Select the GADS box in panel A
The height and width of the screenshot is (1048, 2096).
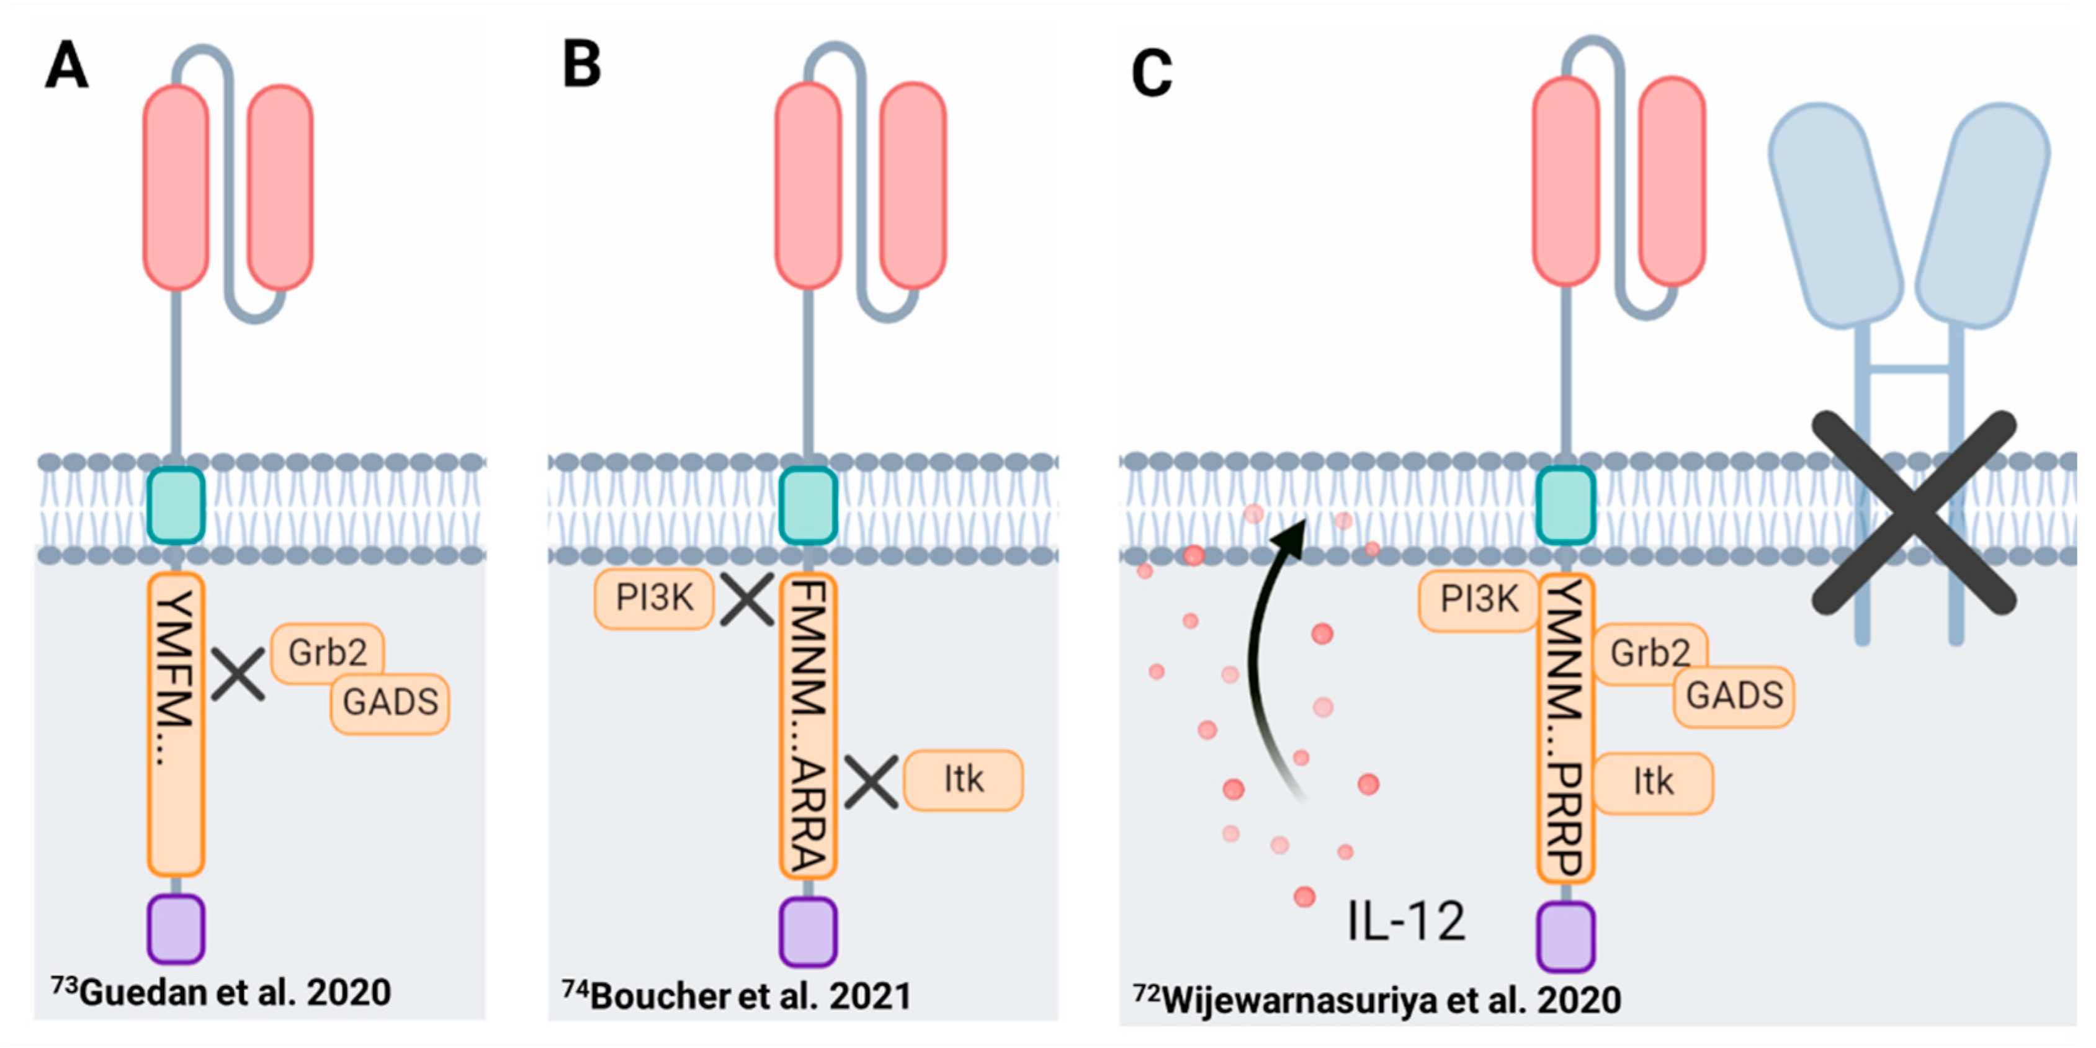tap(390, 703)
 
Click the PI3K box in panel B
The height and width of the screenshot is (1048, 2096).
tap(654, 599)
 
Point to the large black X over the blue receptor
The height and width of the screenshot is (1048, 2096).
tap(1914, 513)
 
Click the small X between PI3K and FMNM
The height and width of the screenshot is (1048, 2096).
tap(747, 599)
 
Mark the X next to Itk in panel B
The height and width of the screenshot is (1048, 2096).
tap(871, 781)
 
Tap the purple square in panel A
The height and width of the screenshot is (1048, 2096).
tap(176, 928)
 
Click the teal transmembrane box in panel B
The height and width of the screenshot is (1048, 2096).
tap(808, 505)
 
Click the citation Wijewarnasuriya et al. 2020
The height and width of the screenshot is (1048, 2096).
tap(1377, 999)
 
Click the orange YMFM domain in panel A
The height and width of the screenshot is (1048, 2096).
tap(176, 724)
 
